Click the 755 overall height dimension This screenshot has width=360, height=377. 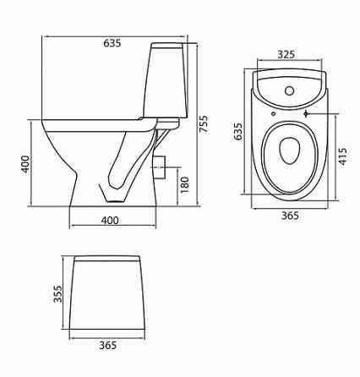204,123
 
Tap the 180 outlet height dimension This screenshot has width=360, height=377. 185,185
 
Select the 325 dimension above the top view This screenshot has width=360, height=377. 286,54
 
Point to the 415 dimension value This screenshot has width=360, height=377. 342,156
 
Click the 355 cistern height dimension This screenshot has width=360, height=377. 57,294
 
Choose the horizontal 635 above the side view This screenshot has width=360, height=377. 112,43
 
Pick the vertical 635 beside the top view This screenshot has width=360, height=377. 238,131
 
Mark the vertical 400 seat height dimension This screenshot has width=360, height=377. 25,164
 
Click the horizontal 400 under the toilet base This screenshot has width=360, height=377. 110,221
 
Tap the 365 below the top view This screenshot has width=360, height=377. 290,216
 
